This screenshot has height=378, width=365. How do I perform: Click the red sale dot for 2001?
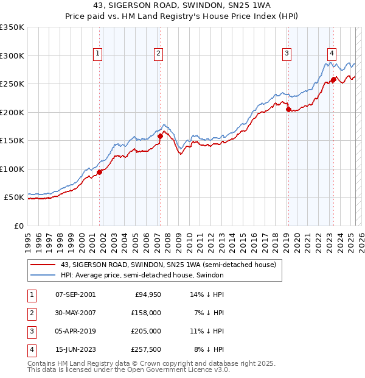[x=99, y=172]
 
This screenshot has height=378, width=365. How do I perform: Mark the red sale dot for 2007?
[x=161, y=137]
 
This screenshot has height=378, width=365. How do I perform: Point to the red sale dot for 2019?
[x=288, y=110]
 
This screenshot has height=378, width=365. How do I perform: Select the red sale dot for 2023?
[x=333, y=80]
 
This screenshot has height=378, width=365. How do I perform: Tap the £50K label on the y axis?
[x=15, y=198]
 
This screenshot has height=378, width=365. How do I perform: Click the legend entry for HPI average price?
[x=142, y=276]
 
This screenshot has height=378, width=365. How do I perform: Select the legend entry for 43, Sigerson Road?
[x=168, y=265]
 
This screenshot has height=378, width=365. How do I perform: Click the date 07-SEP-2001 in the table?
[x=75, y=294]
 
